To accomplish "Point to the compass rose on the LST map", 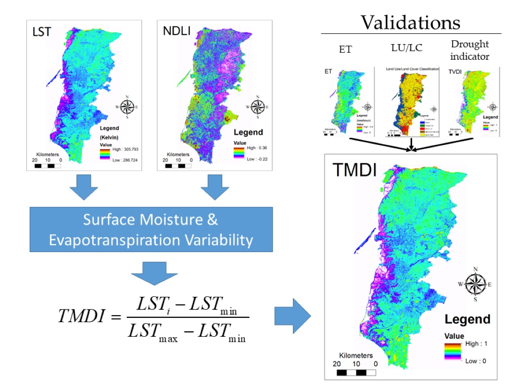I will (x=127, y=107).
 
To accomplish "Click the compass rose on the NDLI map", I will (x=257, y=107).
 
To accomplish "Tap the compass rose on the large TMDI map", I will (x=475, y=284).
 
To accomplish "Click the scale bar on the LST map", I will (x=48, y=166).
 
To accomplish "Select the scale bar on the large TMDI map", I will (x=357, y=373).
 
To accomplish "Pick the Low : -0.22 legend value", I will (x=254, y=159).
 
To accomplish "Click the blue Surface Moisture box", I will (x=151, y=230).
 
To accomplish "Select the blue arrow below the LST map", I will (x=83, y=190).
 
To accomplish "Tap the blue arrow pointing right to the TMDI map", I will (x=292, y=316).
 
